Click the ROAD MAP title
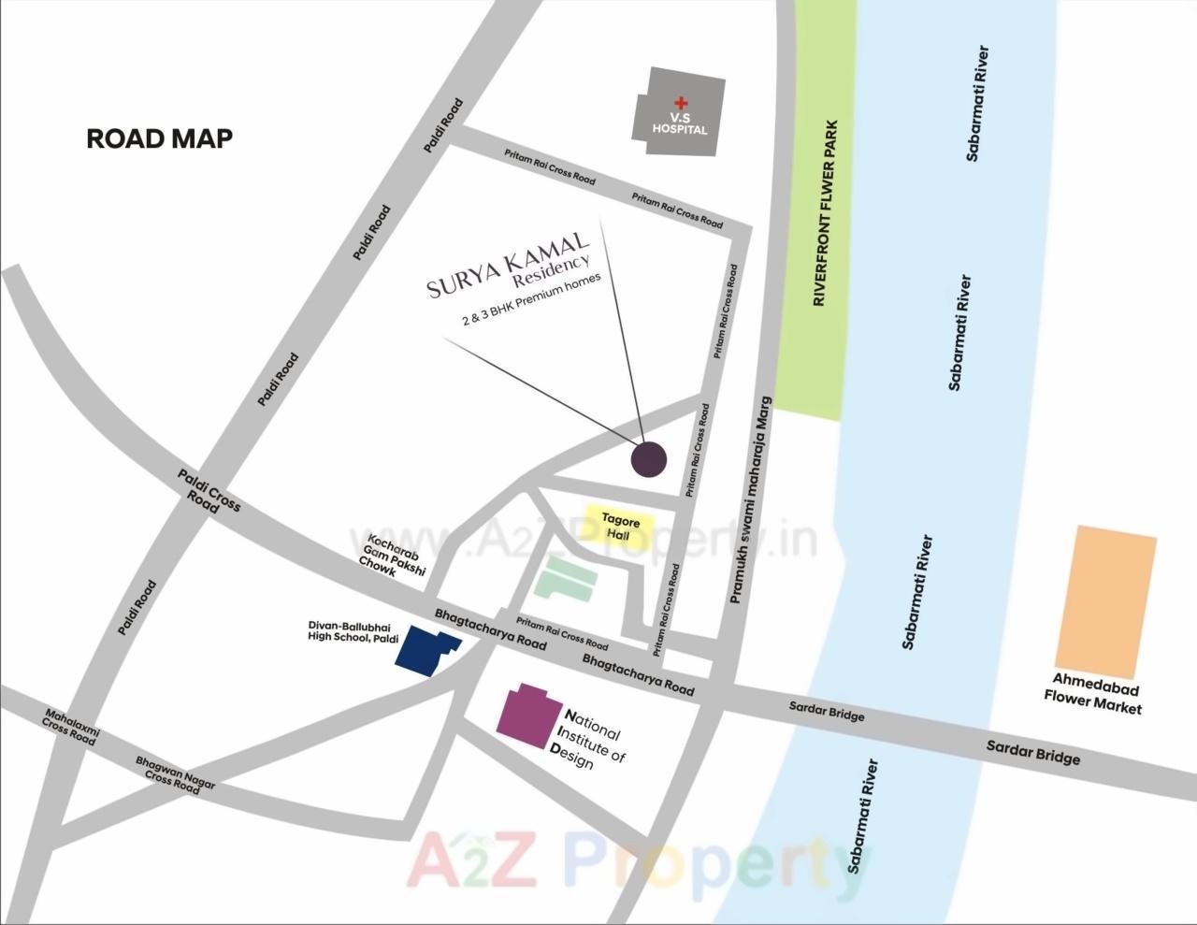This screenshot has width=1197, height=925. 159,138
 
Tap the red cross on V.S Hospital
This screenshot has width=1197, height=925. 680,103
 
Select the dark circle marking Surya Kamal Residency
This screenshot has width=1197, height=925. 648,459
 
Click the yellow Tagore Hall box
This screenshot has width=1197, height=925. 620,525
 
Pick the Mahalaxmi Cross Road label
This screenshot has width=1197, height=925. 71,726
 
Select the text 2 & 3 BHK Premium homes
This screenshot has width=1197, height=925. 531,299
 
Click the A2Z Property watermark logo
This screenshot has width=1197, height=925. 636,862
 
